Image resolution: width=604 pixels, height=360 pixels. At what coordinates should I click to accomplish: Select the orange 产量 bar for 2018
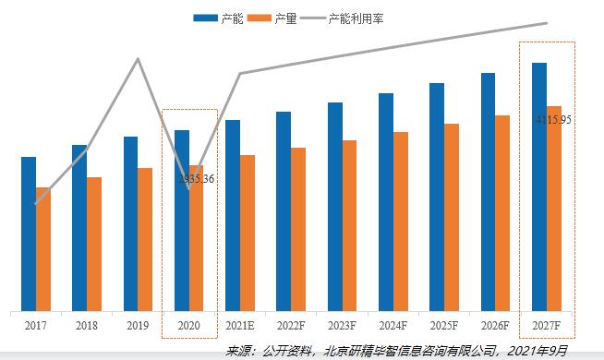coord(94,244)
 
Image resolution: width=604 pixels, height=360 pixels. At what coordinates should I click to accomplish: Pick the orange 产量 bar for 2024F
coord(401,222)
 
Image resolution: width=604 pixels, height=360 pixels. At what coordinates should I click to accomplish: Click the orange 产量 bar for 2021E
coord(248,233)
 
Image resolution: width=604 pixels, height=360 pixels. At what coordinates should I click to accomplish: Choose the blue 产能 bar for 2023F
coord(334,207)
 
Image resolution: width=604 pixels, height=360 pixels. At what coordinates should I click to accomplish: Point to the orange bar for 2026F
coord(502,213)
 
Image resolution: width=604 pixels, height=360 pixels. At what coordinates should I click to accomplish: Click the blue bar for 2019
coord(130,223)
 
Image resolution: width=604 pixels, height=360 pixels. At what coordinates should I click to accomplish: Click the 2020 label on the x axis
coord(189,327)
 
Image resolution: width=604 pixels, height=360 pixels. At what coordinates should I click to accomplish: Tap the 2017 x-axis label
coord(36,327)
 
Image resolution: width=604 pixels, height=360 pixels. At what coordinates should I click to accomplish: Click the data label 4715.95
coord(554,119)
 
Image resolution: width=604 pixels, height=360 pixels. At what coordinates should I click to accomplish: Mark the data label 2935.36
coord(196,178)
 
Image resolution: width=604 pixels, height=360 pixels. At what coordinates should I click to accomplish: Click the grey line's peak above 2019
coord(139,59)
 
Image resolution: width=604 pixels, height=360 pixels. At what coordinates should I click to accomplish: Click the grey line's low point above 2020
coord(189,190)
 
